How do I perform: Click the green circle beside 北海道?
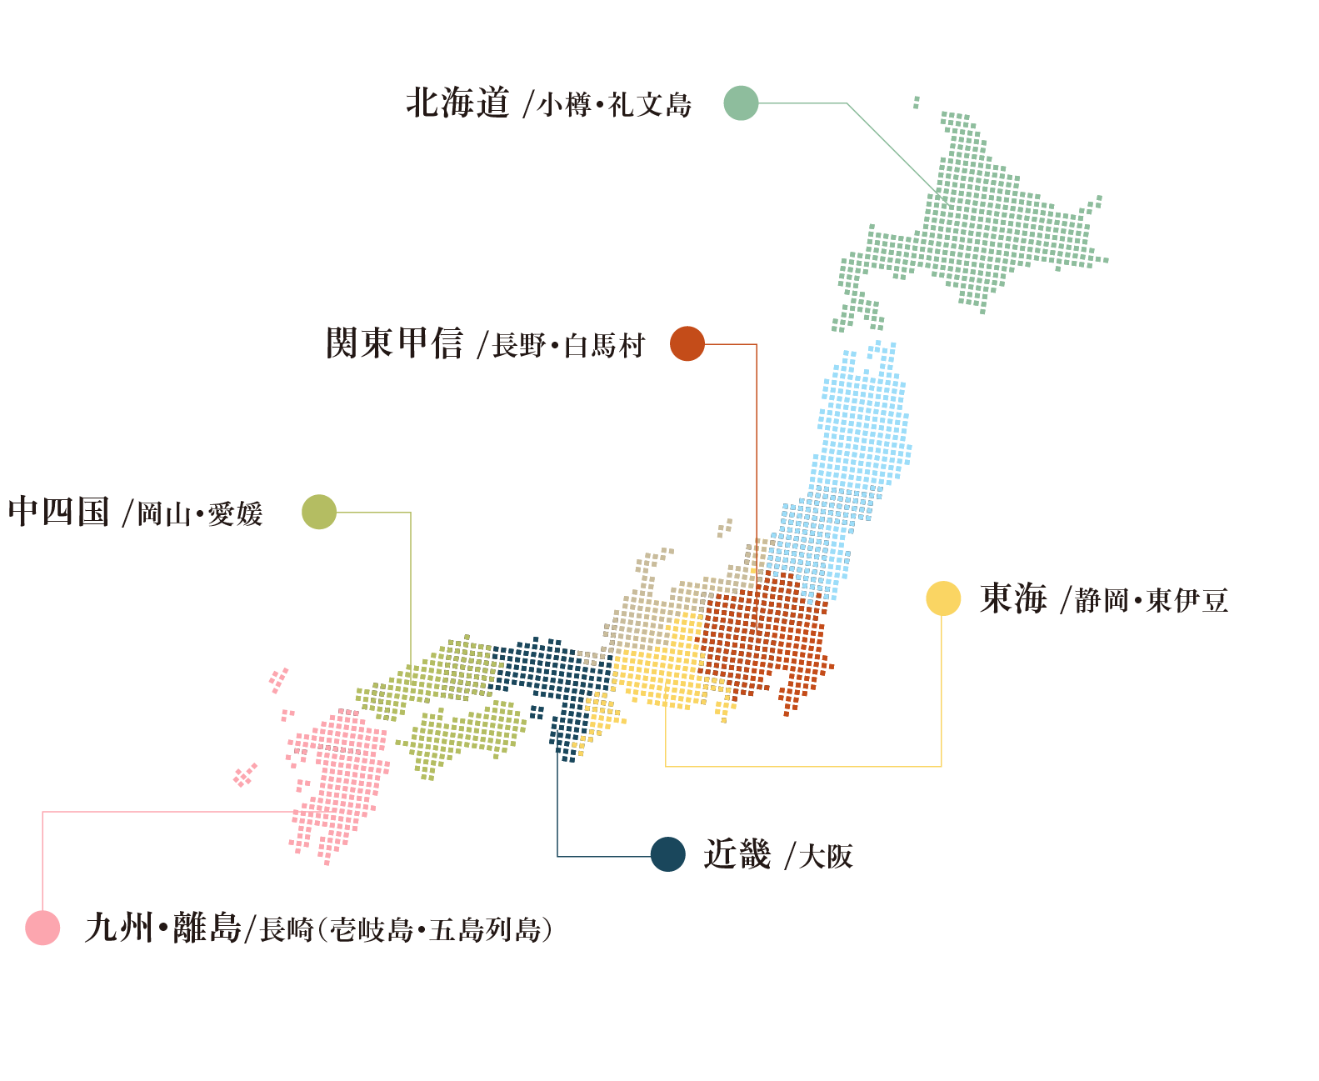pyautogui.click(x=741, y=103)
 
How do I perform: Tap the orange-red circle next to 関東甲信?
pyautogui.click(x=687, y=343)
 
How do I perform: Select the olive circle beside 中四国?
pyautogui.click(x=319, y=512)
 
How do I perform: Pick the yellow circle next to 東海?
pyautogui.click(x=943, y=598)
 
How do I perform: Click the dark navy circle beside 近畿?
pyautogui.click(x=668, y=854)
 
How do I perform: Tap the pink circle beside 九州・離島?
pyautogui.click(x=42, y=928)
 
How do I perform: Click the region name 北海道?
pyautogui.click(x=457, y=103)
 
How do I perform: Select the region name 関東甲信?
pyautogui.click(x=394, y=343)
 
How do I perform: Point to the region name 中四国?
pyautogui.click(x=58, y=512)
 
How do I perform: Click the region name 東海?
pyautogui.click(x=1013, y=598)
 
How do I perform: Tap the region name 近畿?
pyautogui.click(x=737, y=854)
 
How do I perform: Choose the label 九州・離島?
pyautogui.click(x=162, y=928)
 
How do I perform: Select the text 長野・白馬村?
pyautogui.click(x=569, y=345)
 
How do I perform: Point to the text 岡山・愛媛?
pyautogui.click(x=200, y=513)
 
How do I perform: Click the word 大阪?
pyautogui.click(x=826, y=856)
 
